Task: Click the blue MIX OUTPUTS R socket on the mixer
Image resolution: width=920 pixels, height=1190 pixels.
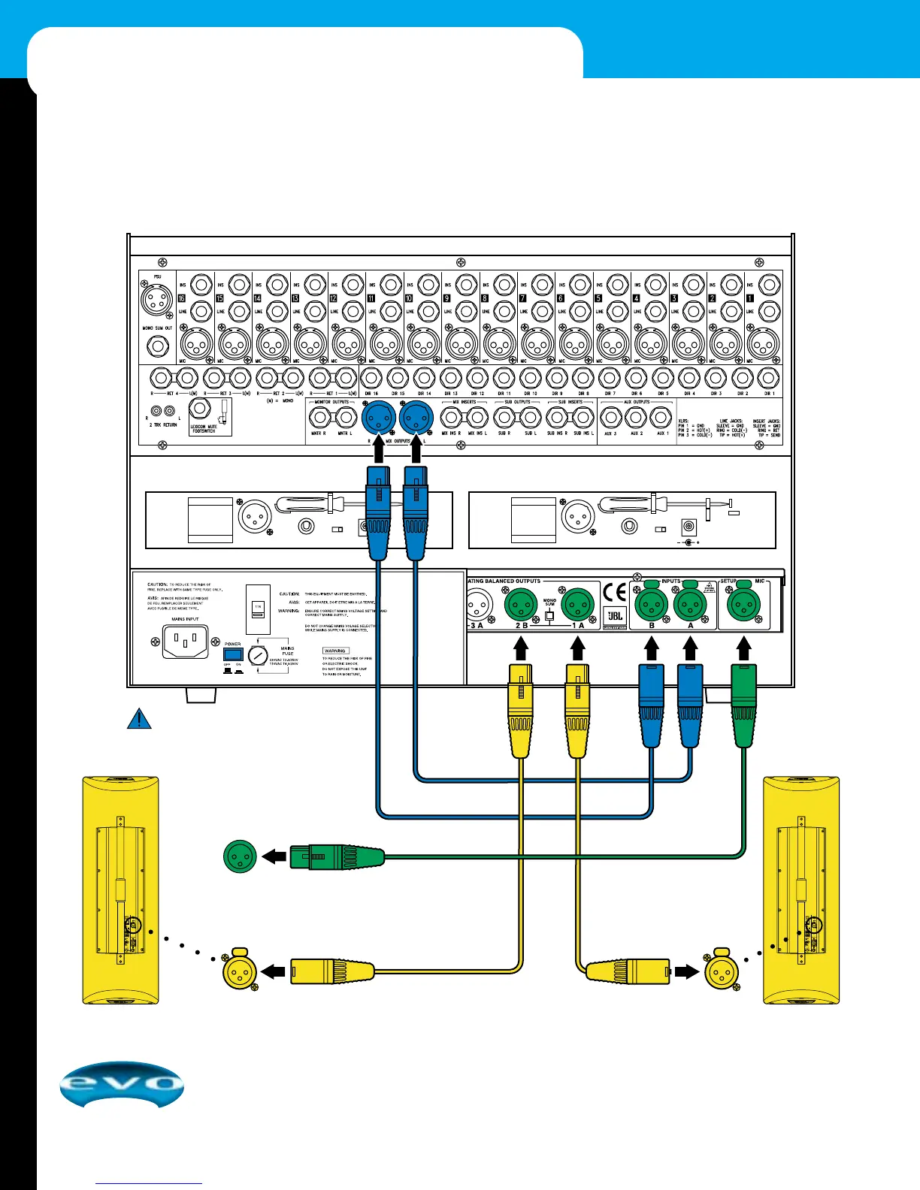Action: pos(378,415)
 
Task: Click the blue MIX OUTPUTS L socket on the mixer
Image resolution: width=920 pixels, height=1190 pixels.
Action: pos(416,415)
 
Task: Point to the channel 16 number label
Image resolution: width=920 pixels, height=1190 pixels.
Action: pos(181,299)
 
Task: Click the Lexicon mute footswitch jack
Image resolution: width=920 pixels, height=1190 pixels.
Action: pos(201,410)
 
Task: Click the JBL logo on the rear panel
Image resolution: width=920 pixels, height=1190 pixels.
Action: pos(615,618)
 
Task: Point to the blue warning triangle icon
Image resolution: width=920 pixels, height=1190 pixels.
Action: pos(139,719)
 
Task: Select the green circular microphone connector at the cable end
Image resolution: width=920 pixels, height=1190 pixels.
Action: pos(240,856)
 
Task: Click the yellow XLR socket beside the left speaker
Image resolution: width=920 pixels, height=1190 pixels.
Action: pos(240,972)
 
